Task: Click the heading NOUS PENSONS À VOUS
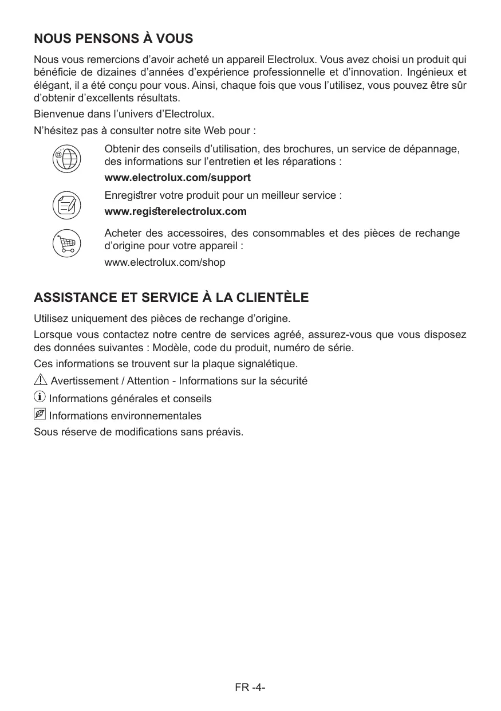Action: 113,40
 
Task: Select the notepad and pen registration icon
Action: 66,204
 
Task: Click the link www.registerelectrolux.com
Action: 175,212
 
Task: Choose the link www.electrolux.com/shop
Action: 165,262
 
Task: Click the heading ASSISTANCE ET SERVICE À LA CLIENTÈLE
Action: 171,298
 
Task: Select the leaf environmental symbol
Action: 40,414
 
